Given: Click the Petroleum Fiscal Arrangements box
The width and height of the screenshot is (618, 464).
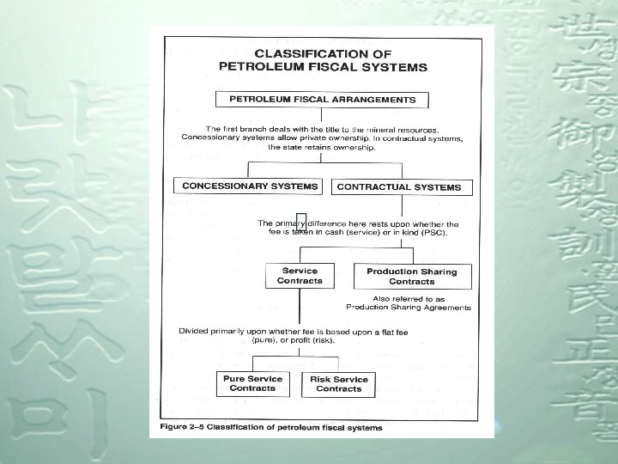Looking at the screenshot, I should [322, 100].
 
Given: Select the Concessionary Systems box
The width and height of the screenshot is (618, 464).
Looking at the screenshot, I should [250, 186].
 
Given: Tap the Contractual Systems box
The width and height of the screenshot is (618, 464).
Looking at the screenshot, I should [399, 186].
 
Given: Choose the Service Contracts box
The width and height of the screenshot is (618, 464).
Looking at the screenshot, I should [300, 276].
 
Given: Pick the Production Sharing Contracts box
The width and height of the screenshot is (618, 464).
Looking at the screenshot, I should [412, 277].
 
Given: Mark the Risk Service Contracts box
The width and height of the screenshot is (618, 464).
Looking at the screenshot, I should [339, 384].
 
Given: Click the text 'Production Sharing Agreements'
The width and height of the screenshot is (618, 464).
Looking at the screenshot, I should [409, 307].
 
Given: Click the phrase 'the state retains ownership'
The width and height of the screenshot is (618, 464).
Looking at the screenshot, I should [322, 147].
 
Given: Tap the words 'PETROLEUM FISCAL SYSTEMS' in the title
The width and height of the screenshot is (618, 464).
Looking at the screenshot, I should [323, 66].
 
